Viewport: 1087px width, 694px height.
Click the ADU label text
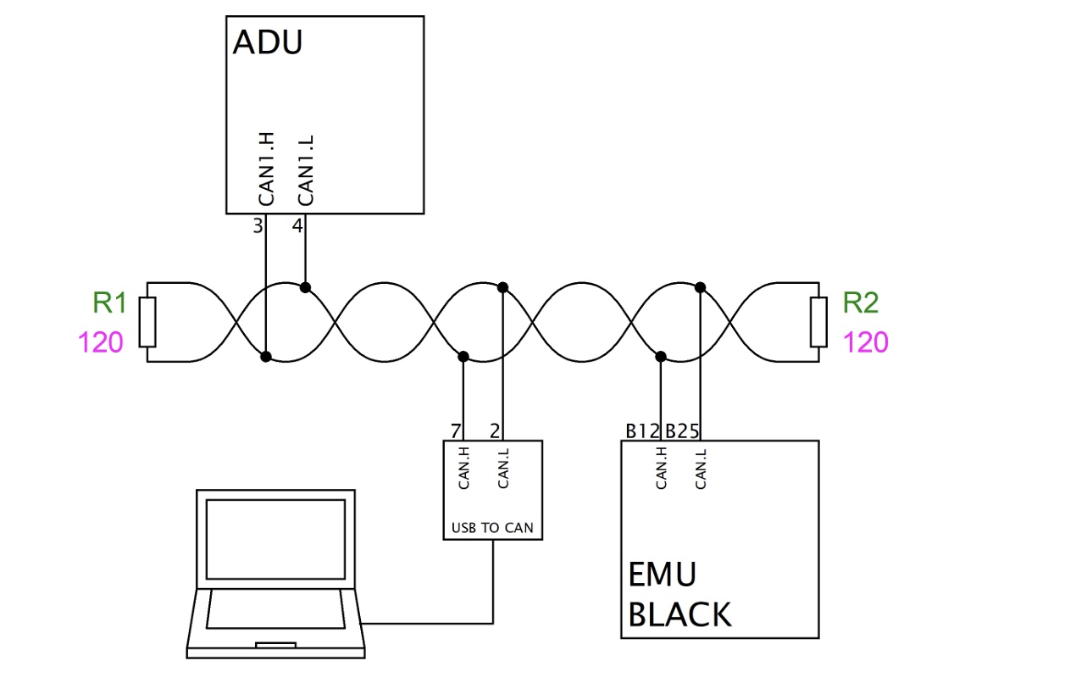tap(267, 42)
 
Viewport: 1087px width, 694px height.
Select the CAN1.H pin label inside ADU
tap(267, 169)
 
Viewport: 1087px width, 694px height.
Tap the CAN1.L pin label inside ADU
tap(306, 169)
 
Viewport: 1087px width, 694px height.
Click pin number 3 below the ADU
tap(258, 226)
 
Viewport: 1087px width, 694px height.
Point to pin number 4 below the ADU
tap(297, 226)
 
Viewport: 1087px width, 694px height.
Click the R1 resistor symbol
tap(147, 322)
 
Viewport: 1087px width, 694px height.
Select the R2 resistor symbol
tap(818, 322)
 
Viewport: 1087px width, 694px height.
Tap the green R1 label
tap(109, 303)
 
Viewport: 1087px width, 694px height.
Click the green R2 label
tap(860, 303)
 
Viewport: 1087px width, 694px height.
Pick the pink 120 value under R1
tap(101, 342)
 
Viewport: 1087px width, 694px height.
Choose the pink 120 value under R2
tap(865, 342)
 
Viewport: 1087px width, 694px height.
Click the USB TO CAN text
tap(492, 529)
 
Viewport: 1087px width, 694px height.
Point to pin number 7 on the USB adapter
tap(456, 430)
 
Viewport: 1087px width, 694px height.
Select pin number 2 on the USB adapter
tap(495, 430)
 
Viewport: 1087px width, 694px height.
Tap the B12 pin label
tap(642, 430)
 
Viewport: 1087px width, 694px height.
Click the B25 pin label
tap(681, 430)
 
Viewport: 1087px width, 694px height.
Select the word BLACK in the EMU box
tap(679, 614)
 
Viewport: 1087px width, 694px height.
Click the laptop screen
tap(275, 538)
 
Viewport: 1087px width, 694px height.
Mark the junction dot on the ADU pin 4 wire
tap(305, 287)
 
